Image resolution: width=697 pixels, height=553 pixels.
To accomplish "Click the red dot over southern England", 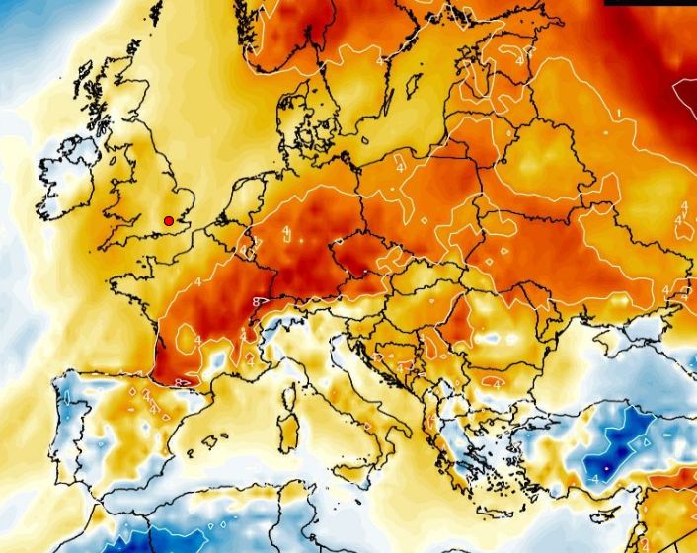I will (169, 220).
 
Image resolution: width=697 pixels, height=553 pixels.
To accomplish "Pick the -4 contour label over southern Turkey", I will (595, 478).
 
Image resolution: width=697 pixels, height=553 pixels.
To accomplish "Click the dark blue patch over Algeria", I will (128, 542).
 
